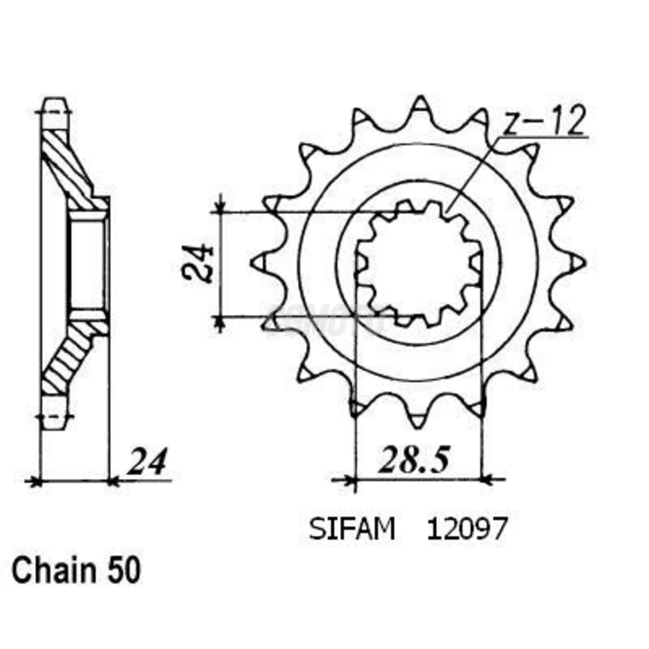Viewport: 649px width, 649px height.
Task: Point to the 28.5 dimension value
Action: [x=414, y=460]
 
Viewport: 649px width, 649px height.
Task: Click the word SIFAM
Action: [x=352, y=529]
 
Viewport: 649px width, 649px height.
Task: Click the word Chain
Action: [x=53, y=571]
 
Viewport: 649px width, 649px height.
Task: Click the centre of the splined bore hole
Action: [x=419, y=263]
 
